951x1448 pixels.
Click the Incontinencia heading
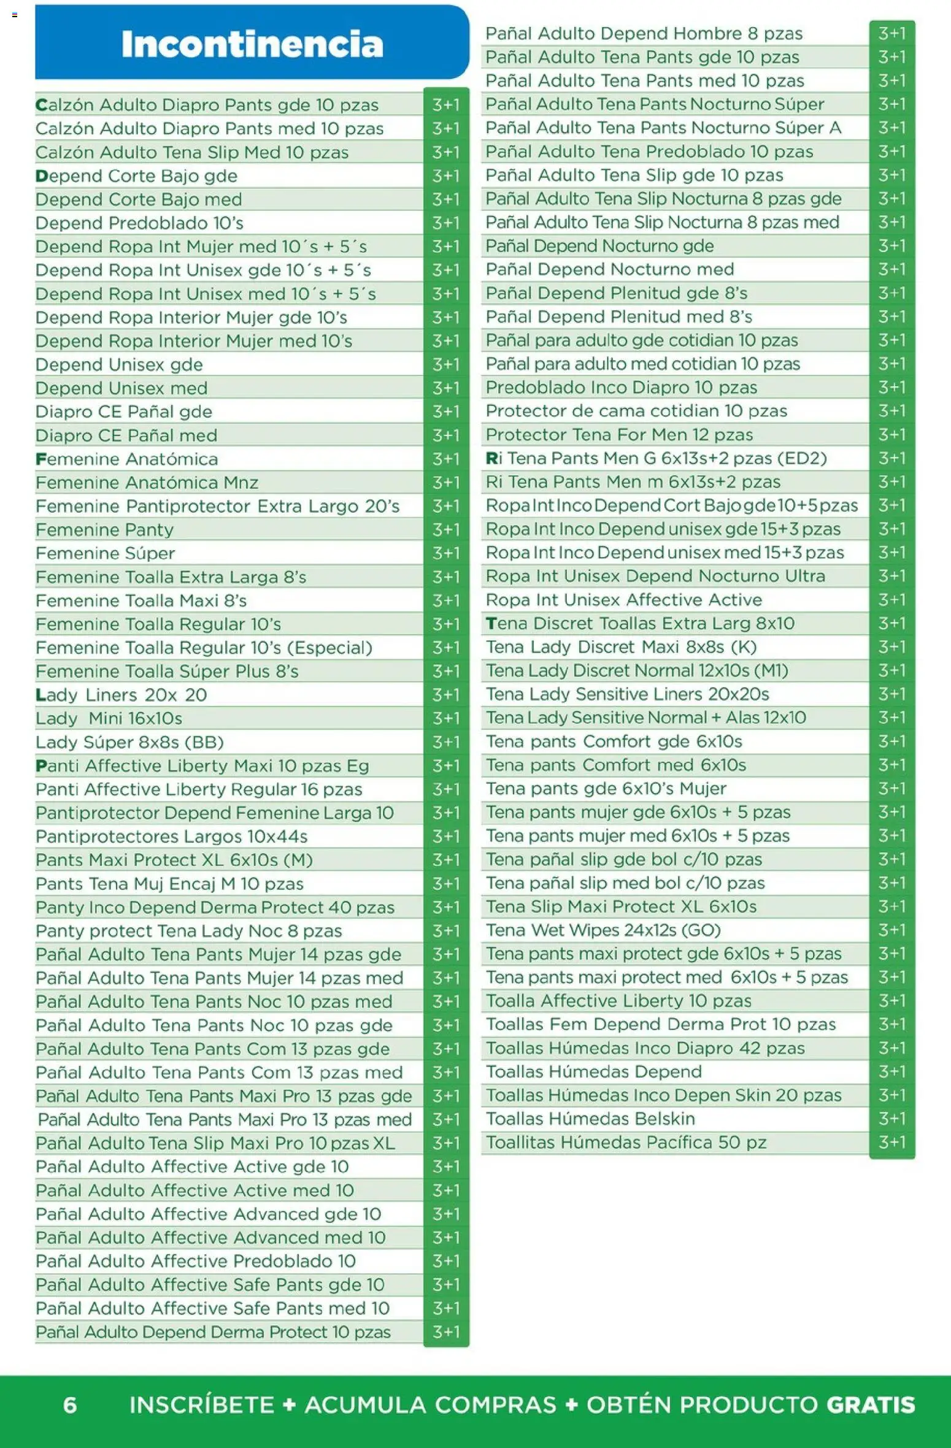252,44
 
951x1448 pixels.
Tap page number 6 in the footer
70,1404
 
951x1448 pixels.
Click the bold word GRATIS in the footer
870,1404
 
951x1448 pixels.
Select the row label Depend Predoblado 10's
139,223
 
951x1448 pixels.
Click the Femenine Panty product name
104,529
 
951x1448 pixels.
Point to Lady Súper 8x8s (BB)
129,742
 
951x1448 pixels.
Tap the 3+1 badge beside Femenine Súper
446,553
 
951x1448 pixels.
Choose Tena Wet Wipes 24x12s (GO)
603,930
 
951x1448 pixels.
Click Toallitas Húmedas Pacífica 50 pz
626,1142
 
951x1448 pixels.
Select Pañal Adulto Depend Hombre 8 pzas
644,33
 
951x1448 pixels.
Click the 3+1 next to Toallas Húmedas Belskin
891,1119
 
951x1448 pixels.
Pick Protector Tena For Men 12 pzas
619,434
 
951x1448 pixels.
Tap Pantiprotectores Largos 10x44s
171,837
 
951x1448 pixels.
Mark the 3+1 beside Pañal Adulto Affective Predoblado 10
446,1261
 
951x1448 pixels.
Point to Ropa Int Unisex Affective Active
623,599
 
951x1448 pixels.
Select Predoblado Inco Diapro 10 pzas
621,387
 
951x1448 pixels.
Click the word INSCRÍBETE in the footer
201,1404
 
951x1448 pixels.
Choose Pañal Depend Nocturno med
609,269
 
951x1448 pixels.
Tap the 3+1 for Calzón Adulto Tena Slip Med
446,152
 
